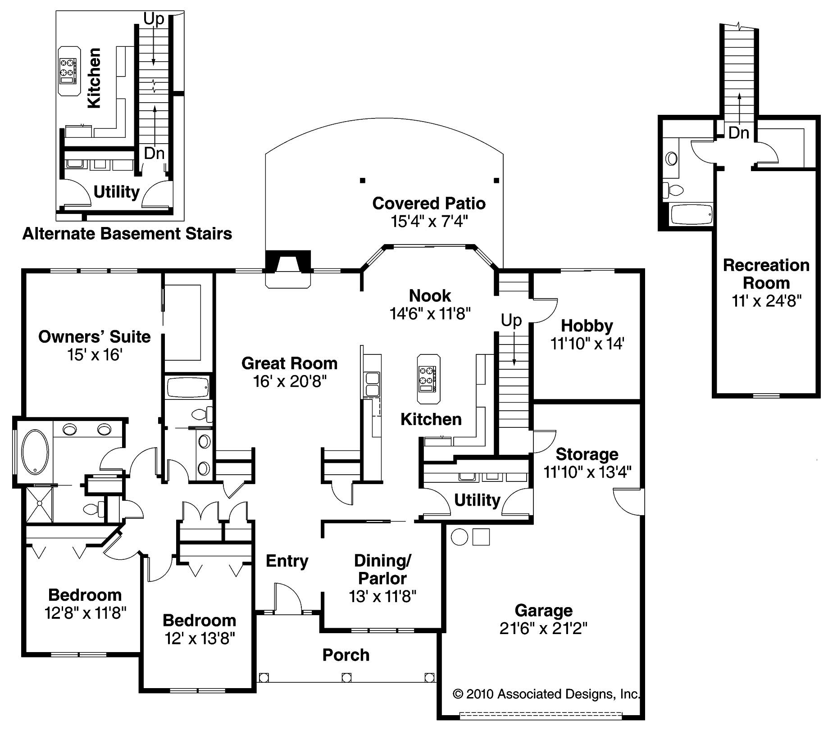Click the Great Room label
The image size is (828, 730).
(289, 363)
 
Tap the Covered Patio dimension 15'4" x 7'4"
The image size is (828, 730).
(429, 222)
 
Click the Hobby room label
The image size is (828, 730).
(587, 326)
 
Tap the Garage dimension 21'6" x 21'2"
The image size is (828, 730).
(543, 628)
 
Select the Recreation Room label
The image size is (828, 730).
(766, 274)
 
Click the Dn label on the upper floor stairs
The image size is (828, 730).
(739, 133)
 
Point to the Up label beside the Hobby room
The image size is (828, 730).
(511, 321)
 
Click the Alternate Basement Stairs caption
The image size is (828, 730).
(127, 234)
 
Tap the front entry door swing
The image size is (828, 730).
(287, 598)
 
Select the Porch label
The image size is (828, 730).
(346, 655)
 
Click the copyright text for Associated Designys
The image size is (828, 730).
(546, 694)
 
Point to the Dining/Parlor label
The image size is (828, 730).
(382, 569)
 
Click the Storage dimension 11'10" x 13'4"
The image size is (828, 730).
(587, 472)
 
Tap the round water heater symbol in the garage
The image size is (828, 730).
(459, 537)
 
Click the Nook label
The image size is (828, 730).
(430, 296)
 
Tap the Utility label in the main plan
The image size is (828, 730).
(477, 500)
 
